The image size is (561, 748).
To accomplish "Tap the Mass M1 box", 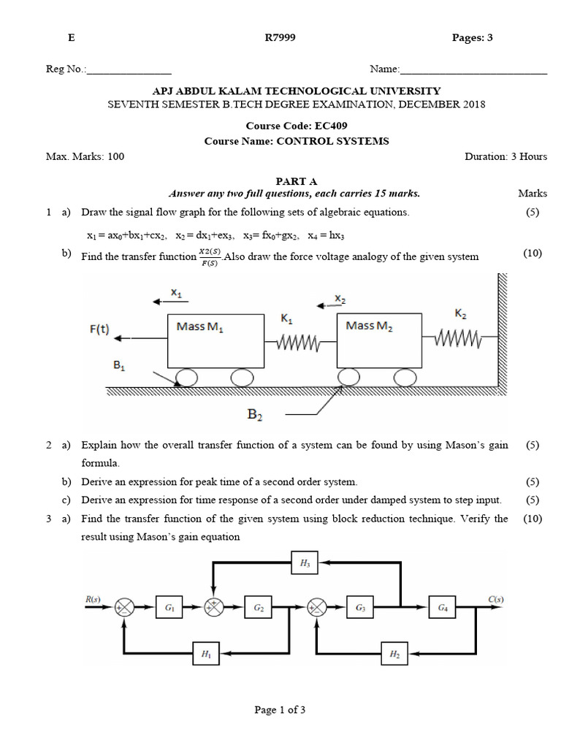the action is (x=215, y=340).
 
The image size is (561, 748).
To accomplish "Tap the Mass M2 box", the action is (x=378, y=340).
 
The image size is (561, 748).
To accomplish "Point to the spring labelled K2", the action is (x=459, y=337).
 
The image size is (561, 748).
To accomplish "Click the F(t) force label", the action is (x=100, y=329).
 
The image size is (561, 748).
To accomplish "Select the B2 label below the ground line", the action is (x=255, y=415).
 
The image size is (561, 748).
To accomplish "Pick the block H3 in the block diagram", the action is (x=305, y=562).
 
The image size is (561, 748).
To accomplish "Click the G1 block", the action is (x=169, y=607).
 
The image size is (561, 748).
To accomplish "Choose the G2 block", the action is (x=259, y=607).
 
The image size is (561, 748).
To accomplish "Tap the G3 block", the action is (x=360, y=607).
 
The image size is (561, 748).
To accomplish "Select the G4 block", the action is (x=443, y=607).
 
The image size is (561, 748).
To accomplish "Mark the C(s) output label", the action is (x=496, y=600).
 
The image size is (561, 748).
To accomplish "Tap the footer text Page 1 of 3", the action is (x=280, y=710).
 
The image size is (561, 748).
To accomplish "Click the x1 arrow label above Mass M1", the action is (x=176, y=292).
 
